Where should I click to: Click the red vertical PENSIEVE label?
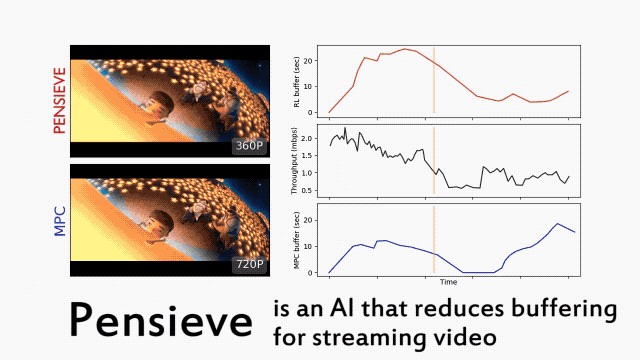(60, 101)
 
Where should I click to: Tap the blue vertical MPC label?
(60, 222)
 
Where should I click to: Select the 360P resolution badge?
(249, 146)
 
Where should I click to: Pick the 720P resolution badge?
(249, 264)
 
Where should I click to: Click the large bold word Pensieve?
(161, 321)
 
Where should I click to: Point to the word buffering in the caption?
(564, 310)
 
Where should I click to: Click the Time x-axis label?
(448, 282)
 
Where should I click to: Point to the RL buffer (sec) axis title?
(297, 82)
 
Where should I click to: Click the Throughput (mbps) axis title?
(294, 161)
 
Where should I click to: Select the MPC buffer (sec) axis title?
(297, 240)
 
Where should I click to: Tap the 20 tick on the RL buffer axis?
(309, 61)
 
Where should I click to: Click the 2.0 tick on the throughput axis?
(307, 139)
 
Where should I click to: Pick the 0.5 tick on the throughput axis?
(307, 191)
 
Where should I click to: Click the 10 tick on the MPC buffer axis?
(309, 247)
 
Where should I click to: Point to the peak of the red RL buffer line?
(404, 49)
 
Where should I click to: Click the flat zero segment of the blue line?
(478, 272)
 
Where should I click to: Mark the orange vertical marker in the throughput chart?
(434, 160)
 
